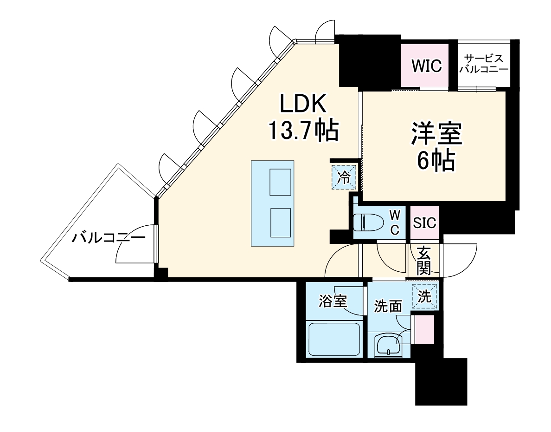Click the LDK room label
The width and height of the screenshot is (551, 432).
point(303,104)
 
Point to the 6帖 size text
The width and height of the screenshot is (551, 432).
point(435,161)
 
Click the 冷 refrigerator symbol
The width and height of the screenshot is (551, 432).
point(344,177)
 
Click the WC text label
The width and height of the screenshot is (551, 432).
point(394,222)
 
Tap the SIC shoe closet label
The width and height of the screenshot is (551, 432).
point(425,223)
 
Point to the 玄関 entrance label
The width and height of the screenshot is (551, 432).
point(423,261)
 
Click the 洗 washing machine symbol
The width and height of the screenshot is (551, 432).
point(425,296)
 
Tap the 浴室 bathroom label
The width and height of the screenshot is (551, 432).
point(333,301)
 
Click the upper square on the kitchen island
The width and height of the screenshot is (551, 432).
point(280,182)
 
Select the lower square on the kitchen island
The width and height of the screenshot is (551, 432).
point(280,222)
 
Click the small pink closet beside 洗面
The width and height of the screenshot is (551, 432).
point(424,329)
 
